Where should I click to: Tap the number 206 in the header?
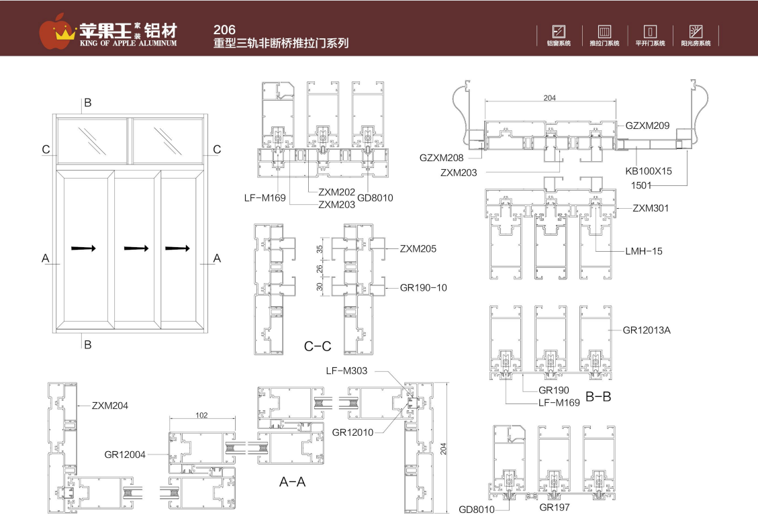(224, 30)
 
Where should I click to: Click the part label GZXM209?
(647, 126)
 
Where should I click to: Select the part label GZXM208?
(442, 158)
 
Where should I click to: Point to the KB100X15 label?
(648, 171)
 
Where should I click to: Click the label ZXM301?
(651, 208)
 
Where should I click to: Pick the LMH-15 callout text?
(645, 251)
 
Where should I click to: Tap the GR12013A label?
(647, 330)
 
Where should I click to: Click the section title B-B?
(598, 397)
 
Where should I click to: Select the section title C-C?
(318, 346)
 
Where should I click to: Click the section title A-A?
(292, 481)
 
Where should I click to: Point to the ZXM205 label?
(418, 248)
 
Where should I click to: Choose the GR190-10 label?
(423, 287)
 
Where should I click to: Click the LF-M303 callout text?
(346, 371)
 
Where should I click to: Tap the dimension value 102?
(201, 415)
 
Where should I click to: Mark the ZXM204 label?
(110, 405)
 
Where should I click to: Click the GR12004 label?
(125, 454)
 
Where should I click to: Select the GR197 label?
(554, 506)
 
